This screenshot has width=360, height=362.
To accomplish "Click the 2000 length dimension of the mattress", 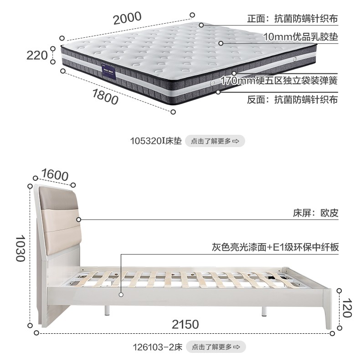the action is click(127, 19).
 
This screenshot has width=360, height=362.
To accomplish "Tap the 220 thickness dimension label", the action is click(37, 55).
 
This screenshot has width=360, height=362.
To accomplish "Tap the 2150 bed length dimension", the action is click(185, 324).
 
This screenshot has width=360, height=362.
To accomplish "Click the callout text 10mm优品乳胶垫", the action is click(300, 36).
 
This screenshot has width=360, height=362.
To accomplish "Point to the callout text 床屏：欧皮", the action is click(315, 213).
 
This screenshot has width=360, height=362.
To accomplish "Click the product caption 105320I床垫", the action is click(156, 141).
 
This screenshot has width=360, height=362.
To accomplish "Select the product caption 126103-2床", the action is click(157, 347).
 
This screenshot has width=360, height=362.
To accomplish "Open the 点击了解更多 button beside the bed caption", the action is click(216, 347).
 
